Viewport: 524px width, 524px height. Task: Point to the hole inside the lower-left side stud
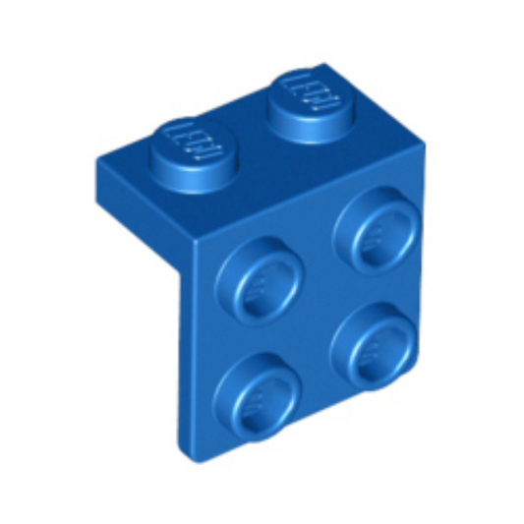pyautogui.click(x=259, y=395)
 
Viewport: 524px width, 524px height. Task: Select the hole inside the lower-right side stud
pyautogui.click(x=375, y=346)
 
